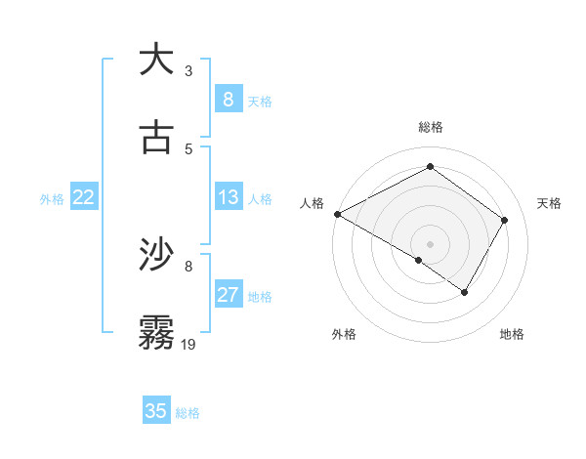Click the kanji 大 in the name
[156, 60]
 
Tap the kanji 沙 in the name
[156, 255]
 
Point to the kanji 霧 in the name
[156, 332]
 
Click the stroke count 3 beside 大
[188, 71]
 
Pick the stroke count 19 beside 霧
[189, 345]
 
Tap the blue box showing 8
[228, 100]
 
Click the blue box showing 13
[228, 197]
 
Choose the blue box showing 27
[228, 295]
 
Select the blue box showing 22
[83, 197]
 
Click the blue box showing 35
[156, 411]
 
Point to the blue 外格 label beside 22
[52, 199]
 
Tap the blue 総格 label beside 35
[188, 413]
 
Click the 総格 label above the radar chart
[430, 127]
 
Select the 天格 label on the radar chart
[549, 203]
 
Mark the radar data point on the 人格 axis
[337, 214]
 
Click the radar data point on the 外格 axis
[419, 260]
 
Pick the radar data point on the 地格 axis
[465, 292]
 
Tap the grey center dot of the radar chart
[430, 243]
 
